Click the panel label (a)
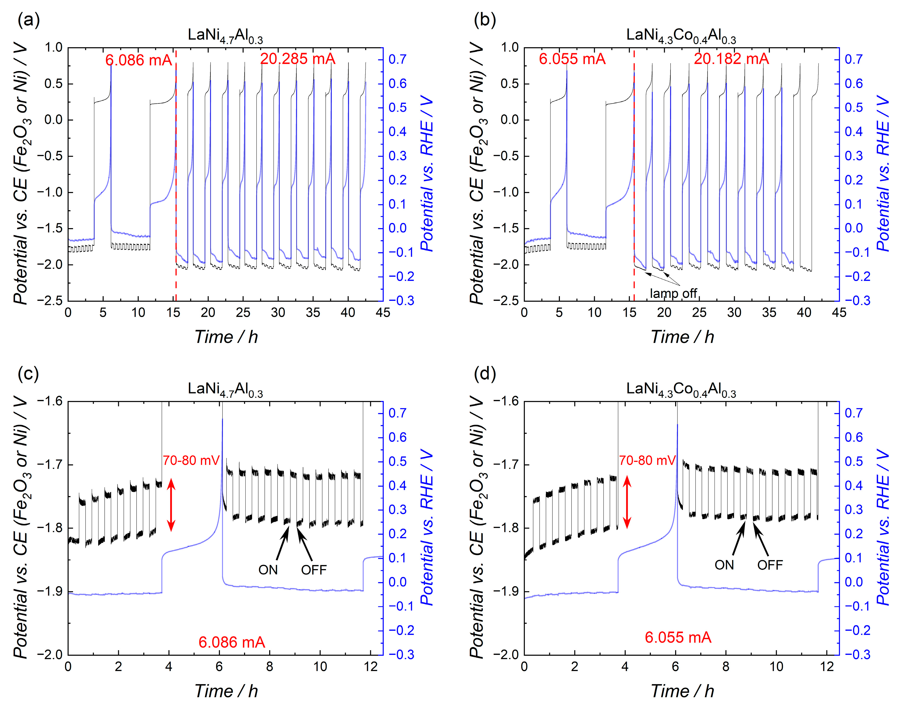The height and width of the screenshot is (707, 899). [x=28, y=19]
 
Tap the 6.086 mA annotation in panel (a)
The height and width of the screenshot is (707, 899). [x=138, y=60]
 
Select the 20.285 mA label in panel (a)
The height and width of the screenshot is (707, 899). [x=297, y=59]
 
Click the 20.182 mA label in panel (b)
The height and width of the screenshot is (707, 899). [x=731, y=59]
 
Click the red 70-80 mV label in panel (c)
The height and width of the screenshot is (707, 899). [x=191, y=460]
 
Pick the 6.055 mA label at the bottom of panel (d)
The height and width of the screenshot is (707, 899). [x=678, y=637]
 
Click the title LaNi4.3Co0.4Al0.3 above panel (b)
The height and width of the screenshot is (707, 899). [x=681, y=36]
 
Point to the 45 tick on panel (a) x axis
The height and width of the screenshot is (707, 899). [x=383, y=313]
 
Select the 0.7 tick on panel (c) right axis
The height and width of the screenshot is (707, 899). [x=398, y=413]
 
